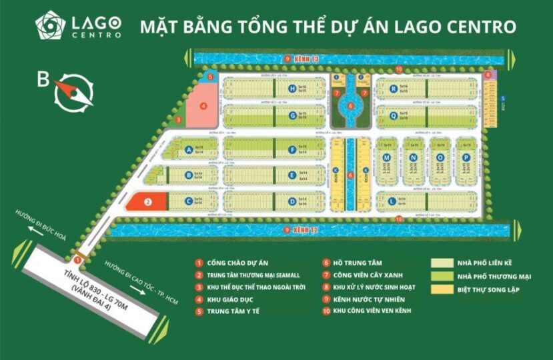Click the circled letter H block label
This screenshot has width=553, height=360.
pos(292,88)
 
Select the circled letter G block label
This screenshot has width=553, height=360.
pos(292,115)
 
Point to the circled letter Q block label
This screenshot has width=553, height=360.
pos(394,115)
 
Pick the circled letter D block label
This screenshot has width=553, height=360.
pos(292,201)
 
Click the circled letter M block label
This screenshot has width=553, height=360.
pos(386,158)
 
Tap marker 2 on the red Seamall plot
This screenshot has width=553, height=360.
pos(149,200)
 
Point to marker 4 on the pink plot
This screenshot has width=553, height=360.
pos(203,105)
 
